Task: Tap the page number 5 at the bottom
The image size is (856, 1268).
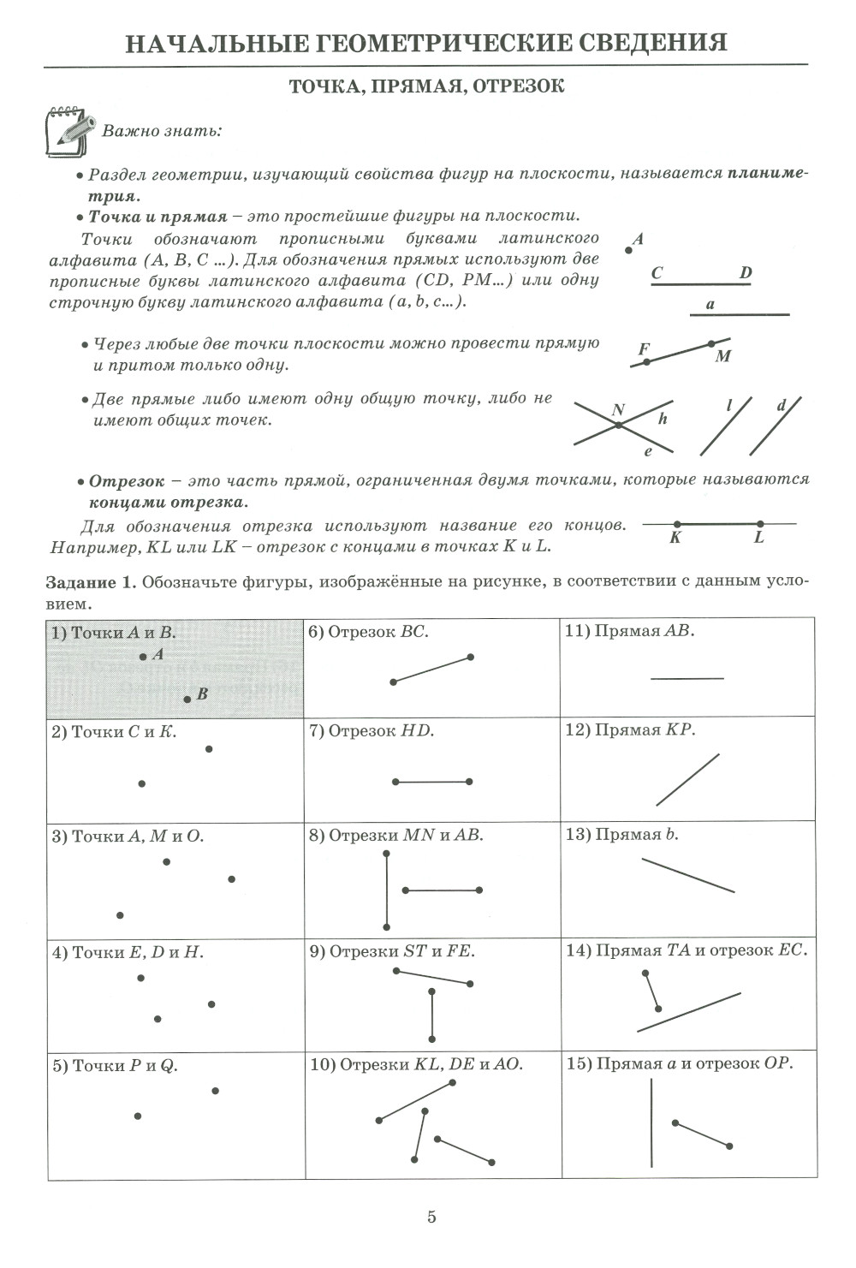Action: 431,1216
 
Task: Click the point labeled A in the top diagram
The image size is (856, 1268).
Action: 629,251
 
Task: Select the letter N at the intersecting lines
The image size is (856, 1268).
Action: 618,411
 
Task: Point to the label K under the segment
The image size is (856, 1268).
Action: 675,538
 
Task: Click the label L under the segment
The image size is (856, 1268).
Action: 758,538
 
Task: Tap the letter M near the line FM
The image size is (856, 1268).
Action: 723,356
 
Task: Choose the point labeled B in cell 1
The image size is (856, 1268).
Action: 187,699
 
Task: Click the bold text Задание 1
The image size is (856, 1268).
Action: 91,582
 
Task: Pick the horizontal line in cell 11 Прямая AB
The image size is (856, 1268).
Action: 687,679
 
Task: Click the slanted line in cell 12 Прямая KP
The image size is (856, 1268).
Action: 687,780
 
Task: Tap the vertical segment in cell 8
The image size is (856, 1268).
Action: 387,890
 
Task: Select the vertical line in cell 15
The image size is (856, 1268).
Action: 651,1122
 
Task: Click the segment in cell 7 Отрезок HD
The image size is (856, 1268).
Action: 432,782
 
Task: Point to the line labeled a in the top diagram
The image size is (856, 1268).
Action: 740,315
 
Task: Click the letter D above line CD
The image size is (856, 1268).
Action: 746,273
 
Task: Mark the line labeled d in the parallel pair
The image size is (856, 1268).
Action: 776,426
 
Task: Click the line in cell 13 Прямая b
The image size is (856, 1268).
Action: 688,875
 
